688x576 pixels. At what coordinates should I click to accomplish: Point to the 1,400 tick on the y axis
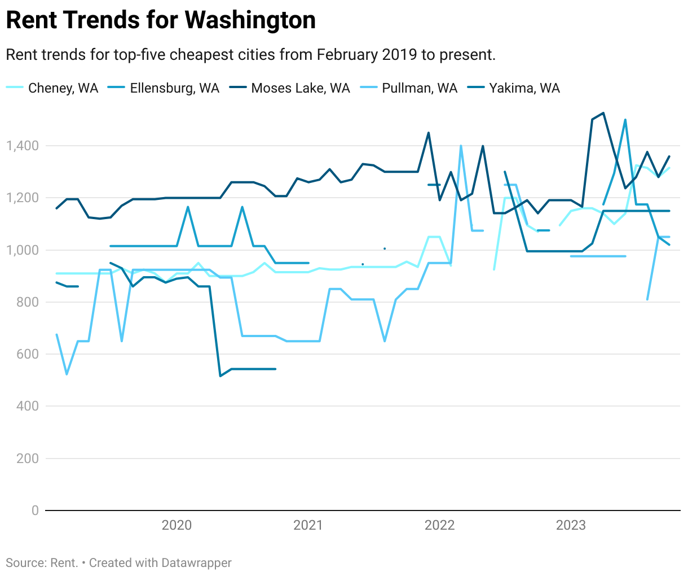click(23, 146)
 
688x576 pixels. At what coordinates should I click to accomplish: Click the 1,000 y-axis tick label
click(23, 250)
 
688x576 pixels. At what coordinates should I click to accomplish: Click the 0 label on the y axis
click(35, 510)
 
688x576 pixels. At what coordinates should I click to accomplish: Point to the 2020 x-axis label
click(177, 525)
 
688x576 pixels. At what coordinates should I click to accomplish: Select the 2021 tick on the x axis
click(308, 525)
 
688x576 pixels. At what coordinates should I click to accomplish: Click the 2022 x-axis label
click(439, 525)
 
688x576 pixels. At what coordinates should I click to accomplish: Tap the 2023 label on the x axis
click(571, 525)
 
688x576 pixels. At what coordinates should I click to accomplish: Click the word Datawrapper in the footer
click(196, 563)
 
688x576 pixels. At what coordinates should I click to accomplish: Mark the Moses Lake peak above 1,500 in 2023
click(603, 113)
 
